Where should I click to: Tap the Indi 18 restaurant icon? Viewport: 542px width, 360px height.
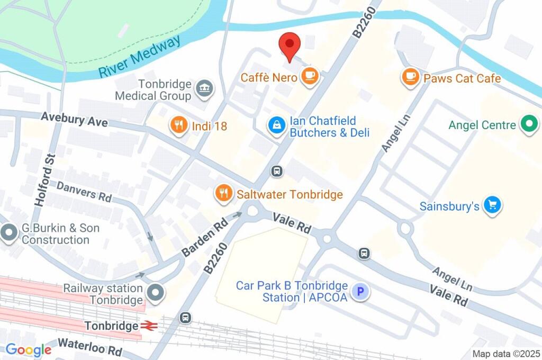point(179,126)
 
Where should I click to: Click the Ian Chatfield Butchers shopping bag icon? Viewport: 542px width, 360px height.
point(276,126)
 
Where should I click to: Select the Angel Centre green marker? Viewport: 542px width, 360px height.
point(528,125)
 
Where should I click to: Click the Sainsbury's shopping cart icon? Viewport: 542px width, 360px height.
point(493,206)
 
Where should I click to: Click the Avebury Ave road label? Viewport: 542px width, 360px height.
point(75,119)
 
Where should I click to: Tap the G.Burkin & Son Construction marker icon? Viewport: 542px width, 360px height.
point(9,233)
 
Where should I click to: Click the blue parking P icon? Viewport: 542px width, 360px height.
point(360,292)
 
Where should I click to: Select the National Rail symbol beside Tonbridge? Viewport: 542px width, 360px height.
point(148,326)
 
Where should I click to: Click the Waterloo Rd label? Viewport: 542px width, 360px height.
point(89,347)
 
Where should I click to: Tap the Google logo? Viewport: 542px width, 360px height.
point(29,349)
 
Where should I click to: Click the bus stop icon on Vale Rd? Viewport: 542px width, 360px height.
point(364,253)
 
